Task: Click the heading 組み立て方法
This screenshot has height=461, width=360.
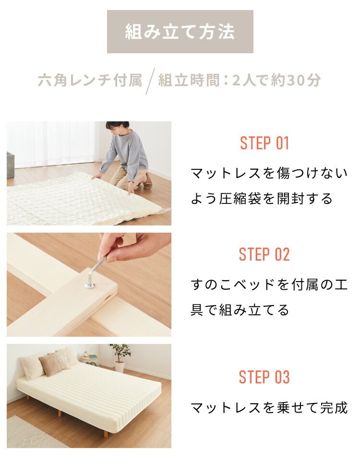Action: [x=180, y=32]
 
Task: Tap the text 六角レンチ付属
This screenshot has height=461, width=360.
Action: [x=90, y=80]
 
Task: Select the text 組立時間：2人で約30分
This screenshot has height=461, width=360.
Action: [x=239, y=80]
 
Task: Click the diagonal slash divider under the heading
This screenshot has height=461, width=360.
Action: [x=151, y=81]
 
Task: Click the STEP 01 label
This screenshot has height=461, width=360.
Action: [x=264, y=143]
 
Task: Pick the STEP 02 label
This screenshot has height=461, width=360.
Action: [x=264, y=255]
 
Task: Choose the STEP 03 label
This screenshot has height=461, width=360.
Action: [x=264, y=377]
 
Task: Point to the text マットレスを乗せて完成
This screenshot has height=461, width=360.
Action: [x=269, y=408]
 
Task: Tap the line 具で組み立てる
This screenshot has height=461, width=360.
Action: [x=240, y=310]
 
